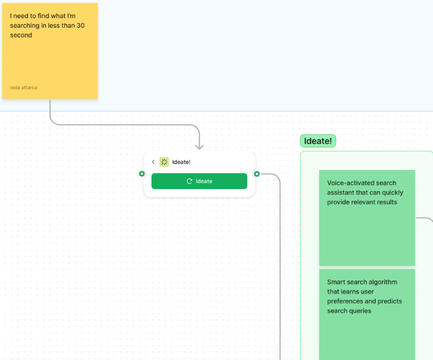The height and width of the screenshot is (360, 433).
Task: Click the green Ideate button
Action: point(199,181)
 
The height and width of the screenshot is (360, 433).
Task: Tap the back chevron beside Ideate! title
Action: point(153,162)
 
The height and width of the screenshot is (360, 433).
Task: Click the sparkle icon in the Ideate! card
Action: point(164,162)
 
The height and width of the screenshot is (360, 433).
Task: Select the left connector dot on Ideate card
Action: point(142,174)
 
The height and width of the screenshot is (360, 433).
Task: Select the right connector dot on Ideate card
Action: point(257,174)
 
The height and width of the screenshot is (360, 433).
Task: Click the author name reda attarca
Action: point(23,88)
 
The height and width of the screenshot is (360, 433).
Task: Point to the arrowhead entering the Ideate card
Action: point(199,146)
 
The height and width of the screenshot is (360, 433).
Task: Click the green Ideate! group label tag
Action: point(318,141)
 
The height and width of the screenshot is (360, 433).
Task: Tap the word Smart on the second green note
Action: point(336,282)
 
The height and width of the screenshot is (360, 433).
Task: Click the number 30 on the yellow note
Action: point(81,25)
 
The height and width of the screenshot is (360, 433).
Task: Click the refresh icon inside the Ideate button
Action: point(190,181)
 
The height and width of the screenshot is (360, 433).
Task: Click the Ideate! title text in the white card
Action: point(181,162)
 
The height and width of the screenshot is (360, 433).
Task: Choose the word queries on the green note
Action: point(360,311)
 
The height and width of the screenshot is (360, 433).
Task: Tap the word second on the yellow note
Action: point(21,35)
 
